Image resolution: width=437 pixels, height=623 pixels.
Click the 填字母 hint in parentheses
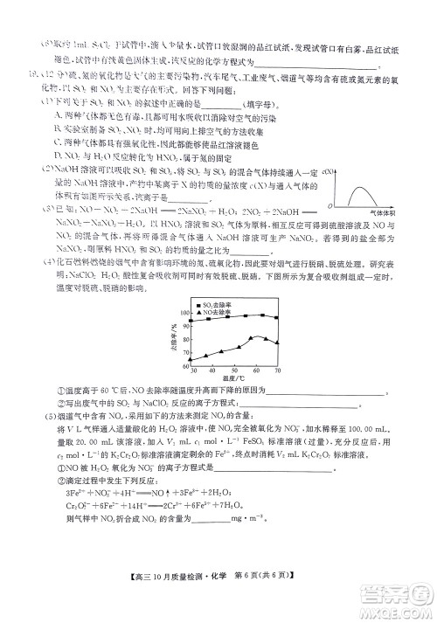coord(274,101)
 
